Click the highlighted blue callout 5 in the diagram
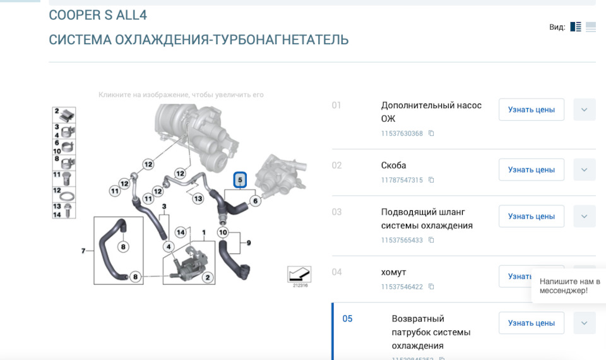240,181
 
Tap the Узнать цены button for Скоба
531,169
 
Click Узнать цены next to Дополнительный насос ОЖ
531,109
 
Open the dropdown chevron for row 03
584,216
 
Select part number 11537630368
401,133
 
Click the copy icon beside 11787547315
431,180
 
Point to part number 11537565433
401,240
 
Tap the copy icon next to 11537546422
431,287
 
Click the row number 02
336,165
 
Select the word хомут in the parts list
393,272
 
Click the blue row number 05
347,318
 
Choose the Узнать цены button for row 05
531,323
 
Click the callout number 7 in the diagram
83,251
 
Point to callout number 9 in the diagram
249,243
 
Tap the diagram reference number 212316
300,285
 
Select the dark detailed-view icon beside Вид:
575,27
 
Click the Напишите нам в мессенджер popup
569,285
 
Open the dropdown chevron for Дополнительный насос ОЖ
584,109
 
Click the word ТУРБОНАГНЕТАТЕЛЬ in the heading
281,40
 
